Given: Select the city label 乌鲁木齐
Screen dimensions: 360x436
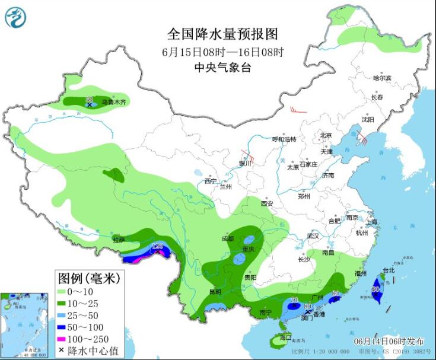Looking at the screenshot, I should tap(113, 103).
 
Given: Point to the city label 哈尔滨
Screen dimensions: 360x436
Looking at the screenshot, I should tap(382, 78).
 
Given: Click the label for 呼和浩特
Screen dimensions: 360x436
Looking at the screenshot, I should tap(284, 139).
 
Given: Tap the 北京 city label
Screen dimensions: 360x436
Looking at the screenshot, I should tap(326, 135).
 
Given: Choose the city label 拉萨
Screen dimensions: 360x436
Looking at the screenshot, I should tap(119, 240).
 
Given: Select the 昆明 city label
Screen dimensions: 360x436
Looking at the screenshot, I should tap(215, 292).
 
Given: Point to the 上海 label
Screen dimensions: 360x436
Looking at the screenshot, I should tap(372, 222).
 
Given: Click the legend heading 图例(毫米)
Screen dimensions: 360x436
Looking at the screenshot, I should tap(88, 277).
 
